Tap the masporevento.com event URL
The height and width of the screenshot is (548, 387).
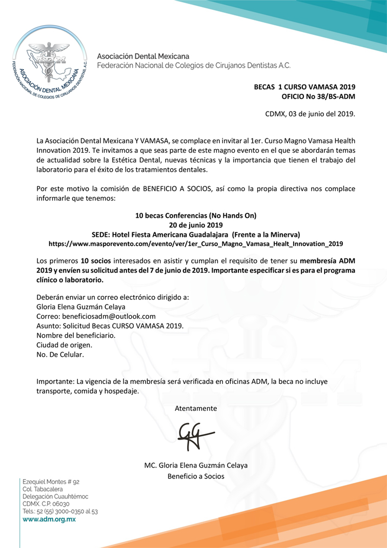pyautogui.click(x=195, y=243)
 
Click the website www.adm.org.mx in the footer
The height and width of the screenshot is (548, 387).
pyautogui.click(x=49, y=519)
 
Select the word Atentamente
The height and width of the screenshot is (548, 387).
pyautogui.click(x=195, y=409)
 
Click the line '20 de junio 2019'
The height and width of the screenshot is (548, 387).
pyautogui.click(x=195, y=225)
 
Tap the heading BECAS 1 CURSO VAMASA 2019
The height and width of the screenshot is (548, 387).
pyautogui.click(x=304, y=87)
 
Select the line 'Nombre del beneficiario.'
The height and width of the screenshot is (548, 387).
pyautogui.click(x=76, y=335)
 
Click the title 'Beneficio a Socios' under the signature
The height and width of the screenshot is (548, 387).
pyautogui.click(x=195, y=476)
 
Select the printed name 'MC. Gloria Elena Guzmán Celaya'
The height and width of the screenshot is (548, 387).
pyautogui.click(x=195, y=465)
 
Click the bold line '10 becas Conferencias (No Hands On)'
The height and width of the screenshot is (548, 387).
pyautogui.click(x=195, y=216)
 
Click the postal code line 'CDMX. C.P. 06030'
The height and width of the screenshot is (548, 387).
pyautogui.click(x=46, y=504)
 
